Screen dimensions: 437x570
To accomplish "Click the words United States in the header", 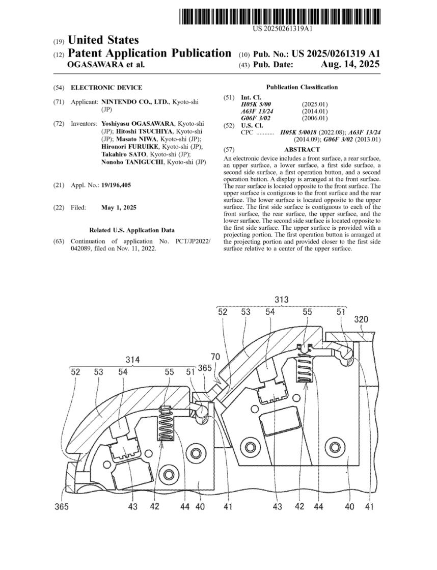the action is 103,40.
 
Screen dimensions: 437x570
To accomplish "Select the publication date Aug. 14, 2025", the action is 350,64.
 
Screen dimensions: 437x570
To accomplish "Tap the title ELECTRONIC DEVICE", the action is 106,88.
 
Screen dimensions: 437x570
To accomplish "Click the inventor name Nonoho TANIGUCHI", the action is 132,162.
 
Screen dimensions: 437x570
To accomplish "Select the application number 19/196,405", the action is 116,185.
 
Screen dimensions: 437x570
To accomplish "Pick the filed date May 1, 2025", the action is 119,207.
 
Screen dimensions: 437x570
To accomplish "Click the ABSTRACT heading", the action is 302,149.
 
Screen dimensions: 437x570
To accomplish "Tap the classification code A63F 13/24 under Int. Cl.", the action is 257,111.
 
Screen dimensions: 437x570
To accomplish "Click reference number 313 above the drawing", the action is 281,299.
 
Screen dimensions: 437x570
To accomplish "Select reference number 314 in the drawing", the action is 133,360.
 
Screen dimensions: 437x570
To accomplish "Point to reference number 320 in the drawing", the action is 361,319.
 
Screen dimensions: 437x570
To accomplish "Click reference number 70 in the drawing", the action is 215,357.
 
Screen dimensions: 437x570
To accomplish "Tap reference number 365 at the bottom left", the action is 62,506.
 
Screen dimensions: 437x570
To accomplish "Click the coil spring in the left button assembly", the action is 166,423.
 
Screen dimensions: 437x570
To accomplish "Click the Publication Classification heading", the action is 302,87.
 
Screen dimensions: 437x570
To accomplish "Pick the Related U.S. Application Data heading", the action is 132,230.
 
